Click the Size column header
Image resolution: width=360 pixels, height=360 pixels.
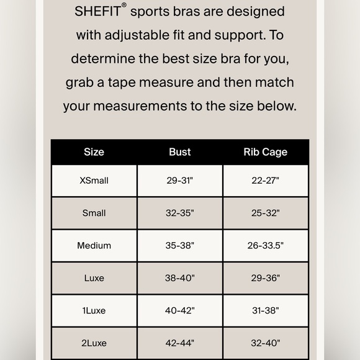94,152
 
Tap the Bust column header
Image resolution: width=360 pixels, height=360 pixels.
180,152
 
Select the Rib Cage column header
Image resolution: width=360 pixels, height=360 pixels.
266,152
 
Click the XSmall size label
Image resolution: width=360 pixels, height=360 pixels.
94,181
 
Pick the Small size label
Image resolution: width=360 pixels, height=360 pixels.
94,213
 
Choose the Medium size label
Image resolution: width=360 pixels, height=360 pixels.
94,245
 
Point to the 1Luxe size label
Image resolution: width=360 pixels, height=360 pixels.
94,310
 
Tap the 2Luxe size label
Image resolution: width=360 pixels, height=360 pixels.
94,343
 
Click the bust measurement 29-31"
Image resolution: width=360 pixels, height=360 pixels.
180,181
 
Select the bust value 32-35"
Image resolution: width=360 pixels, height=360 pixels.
180,213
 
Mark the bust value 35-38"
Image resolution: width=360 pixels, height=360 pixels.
180,245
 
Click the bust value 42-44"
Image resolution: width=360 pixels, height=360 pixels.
180,343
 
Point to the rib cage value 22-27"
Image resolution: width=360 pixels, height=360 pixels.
266,181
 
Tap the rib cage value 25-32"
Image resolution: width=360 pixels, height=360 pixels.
266,213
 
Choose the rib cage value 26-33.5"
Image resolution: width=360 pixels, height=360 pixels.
266,245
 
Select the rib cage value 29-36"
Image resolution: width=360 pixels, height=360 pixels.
266,278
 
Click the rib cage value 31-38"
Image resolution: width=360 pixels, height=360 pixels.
266,310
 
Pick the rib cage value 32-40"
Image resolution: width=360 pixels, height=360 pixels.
266,343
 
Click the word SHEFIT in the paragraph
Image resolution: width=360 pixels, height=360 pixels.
97,12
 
